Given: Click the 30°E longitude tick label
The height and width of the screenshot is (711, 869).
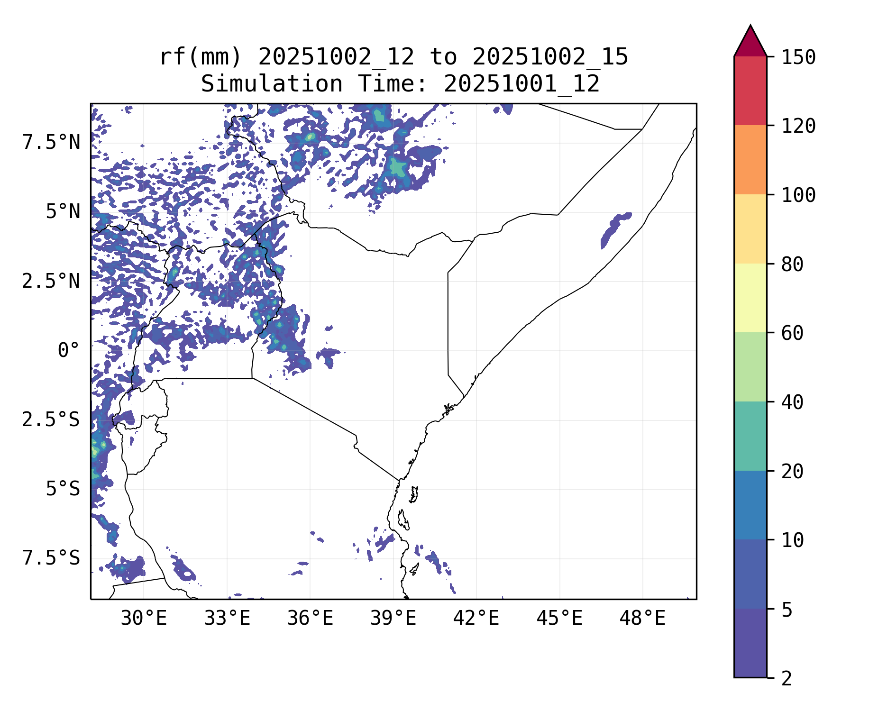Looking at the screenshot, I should [x=144, y=618].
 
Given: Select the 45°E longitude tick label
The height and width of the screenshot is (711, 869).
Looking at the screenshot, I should [x=559, y=618].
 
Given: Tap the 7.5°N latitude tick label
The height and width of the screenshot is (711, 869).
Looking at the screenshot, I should [x=51, y=142].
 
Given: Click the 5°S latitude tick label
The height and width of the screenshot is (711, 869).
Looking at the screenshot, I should [x=63, y=489].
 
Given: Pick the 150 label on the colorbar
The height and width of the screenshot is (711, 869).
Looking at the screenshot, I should [x=798, y=58].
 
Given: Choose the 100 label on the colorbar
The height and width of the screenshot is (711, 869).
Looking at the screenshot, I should [x=798, y=195].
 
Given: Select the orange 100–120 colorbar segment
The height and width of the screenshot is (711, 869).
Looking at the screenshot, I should [x=750, y=160].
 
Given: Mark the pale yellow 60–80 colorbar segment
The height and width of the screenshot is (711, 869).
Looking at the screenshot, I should [x=750, y=298].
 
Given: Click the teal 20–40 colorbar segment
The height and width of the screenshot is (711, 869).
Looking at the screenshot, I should [x=750, y=436].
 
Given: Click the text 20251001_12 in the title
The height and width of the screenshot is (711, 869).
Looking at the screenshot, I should [x=521, y=84].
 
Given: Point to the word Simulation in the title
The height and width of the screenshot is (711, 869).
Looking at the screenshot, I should [x=272, y=84].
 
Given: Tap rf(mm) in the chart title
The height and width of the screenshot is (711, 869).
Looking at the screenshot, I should [x=201, y=57].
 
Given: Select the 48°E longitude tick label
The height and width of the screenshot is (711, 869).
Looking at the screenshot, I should [x=642, y=618].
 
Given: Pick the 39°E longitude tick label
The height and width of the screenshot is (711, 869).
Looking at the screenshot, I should [x=393, y=618].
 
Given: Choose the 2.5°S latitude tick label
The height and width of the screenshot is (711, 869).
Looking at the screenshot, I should [x=51, y=419].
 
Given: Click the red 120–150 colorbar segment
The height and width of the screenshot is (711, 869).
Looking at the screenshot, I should [x=750, y=91].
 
